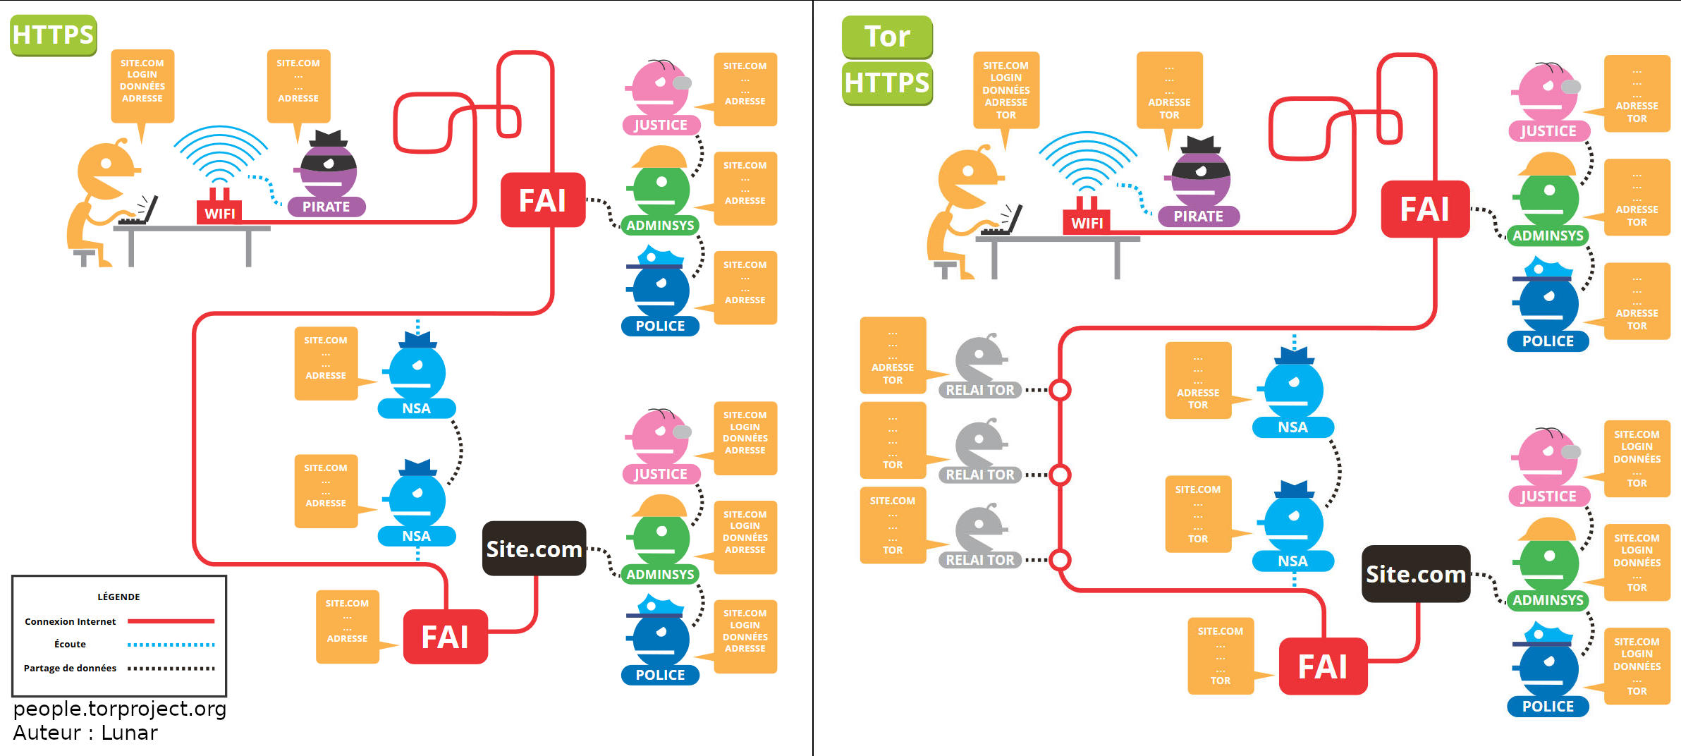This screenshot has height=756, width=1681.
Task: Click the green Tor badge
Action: click(887, 37)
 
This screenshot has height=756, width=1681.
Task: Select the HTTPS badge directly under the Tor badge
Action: click(887, 83)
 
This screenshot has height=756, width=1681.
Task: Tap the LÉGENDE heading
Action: click(118, 597)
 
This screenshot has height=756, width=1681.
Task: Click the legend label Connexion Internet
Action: click(70, 621)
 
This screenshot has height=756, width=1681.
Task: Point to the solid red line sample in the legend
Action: click(171, 621)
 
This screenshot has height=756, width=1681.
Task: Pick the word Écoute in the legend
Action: click(70, 644)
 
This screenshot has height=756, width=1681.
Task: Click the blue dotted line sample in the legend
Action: click(171, 645)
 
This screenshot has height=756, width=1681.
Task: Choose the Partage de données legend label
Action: click(70, 668)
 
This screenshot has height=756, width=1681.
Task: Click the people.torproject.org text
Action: click(120, 708)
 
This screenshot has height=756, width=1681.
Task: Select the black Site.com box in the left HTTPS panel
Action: click(534, 549)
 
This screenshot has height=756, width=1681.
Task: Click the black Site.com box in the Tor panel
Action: click(1415, 574)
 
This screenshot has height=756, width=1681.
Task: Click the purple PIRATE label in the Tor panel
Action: click(1198, 217)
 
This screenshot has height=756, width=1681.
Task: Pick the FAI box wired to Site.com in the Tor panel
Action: click(1323, 666)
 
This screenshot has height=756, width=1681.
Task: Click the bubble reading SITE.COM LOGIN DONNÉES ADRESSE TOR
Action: click(1005, 90)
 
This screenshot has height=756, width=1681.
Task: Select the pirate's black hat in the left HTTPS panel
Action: click(329, 138)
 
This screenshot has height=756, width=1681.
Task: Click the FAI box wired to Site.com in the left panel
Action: click(445, 637)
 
